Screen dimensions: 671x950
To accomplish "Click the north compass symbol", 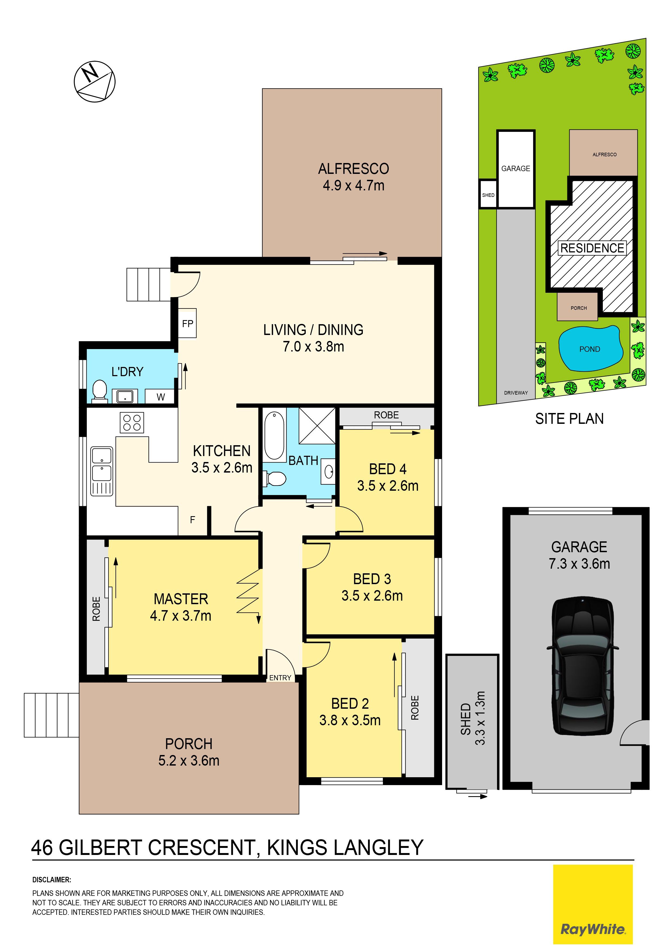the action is coord(95,82).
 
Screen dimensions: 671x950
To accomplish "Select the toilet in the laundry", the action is coord(100,391).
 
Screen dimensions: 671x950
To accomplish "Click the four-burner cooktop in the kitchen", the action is coord(132,422).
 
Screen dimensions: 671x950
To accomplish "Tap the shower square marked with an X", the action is coord(317,425).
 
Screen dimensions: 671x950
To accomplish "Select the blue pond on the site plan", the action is coord(590,348).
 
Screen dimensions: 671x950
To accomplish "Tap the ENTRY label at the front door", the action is coord(280,678).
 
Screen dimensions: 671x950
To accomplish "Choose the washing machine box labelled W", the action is coord(161,397).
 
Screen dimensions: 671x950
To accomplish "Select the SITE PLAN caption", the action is coord(569,419).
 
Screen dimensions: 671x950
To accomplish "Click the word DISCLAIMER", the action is coord(52,880).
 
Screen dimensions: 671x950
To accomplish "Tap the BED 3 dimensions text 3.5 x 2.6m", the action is coord(372,596).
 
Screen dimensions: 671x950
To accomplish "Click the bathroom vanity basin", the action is coord(329,472).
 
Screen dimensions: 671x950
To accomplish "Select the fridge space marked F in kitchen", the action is coord(193,520).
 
